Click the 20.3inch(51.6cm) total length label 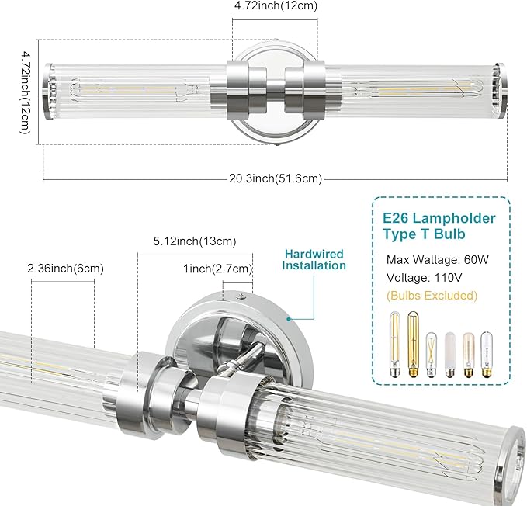pyautogui.click(x=275, y=179)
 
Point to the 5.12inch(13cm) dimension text pyautogui.click(x=195, y=241)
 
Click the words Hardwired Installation pyautogui.click(x=314, y=259)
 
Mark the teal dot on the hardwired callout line pyautogui.click(x=287, y=317)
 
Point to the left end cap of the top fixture pyautogui.click(x=48, y=92)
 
